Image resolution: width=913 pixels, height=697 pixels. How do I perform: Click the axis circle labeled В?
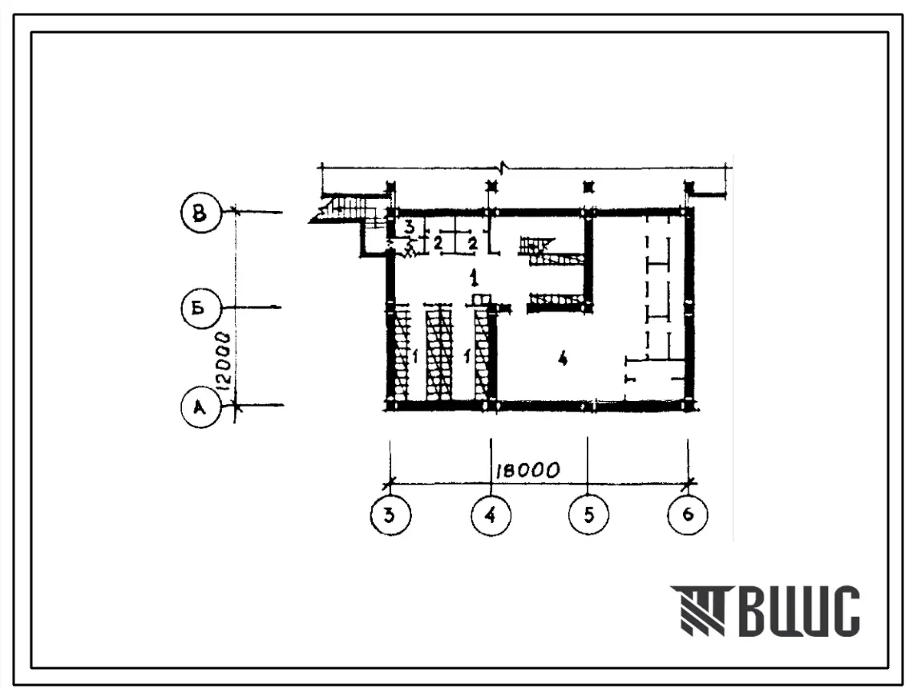coord(201,213)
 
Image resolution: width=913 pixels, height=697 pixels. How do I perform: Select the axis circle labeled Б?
coord(200,308)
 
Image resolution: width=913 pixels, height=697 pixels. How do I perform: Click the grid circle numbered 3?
coord(390,515)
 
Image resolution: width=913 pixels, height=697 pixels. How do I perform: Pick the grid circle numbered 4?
coord(491,515)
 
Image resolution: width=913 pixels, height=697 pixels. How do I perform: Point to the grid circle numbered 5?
coord(588,515)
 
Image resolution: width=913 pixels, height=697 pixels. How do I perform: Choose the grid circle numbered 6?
coord(688,515)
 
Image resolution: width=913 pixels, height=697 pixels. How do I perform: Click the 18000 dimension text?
coord(527,470)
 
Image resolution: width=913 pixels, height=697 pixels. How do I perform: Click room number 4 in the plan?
coord(562,359)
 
